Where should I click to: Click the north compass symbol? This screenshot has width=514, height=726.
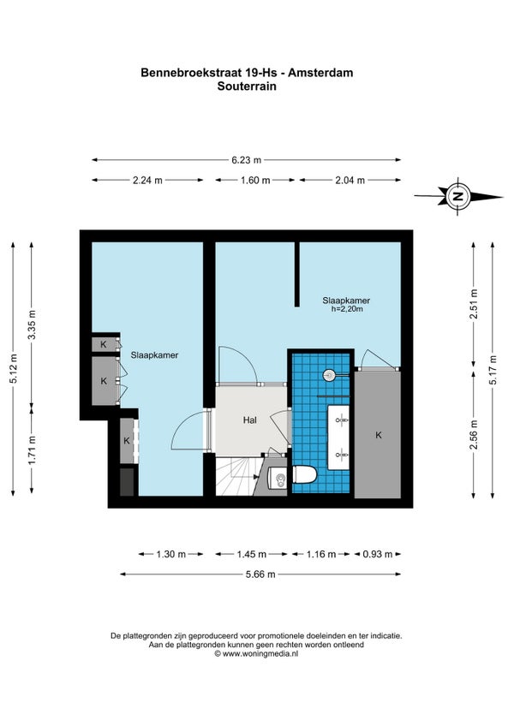click(457, 196)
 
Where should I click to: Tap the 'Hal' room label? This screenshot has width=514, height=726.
click(250, 420)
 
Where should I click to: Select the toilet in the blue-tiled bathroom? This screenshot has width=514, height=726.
click(304, 475)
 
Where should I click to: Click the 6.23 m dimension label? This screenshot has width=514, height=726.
click(247, 160)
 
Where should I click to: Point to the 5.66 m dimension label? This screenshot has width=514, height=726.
click(260, 574)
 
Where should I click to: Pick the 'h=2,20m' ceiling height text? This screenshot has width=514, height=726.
click(347, 309)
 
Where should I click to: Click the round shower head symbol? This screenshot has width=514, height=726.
click(329, 375)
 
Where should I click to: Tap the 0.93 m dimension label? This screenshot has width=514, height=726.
click(378, 554)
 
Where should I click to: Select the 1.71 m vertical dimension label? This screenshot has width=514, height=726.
click(32, 450)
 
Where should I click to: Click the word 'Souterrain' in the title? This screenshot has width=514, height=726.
click(247, 86)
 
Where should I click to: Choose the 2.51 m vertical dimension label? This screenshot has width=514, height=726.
click(474, 304)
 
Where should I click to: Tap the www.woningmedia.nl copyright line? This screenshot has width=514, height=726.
click(256, 654)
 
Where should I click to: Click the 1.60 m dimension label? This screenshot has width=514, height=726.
click(255, 181)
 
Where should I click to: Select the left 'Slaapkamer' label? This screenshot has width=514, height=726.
click(154, 355)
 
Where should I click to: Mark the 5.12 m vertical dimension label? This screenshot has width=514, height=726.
click(14, 368)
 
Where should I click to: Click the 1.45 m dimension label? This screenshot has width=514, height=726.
click(252, 554)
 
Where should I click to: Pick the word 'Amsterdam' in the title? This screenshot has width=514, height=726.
click(323, 73)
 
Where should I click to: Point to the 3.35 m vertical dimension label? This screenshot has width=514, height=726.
click(32, 324)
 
